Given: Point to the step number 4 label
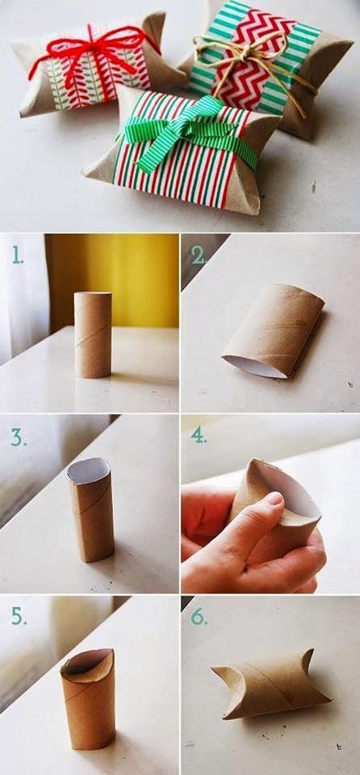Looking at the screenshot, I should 199,436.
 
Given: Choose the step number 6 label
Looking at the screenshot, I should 199,618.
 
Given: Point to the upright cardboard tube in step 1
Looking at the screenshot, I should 93,334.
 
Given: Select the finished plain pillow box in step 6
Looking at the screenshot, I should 270,682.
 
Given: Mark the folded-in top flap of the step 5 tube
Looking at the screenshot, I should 86,662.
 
